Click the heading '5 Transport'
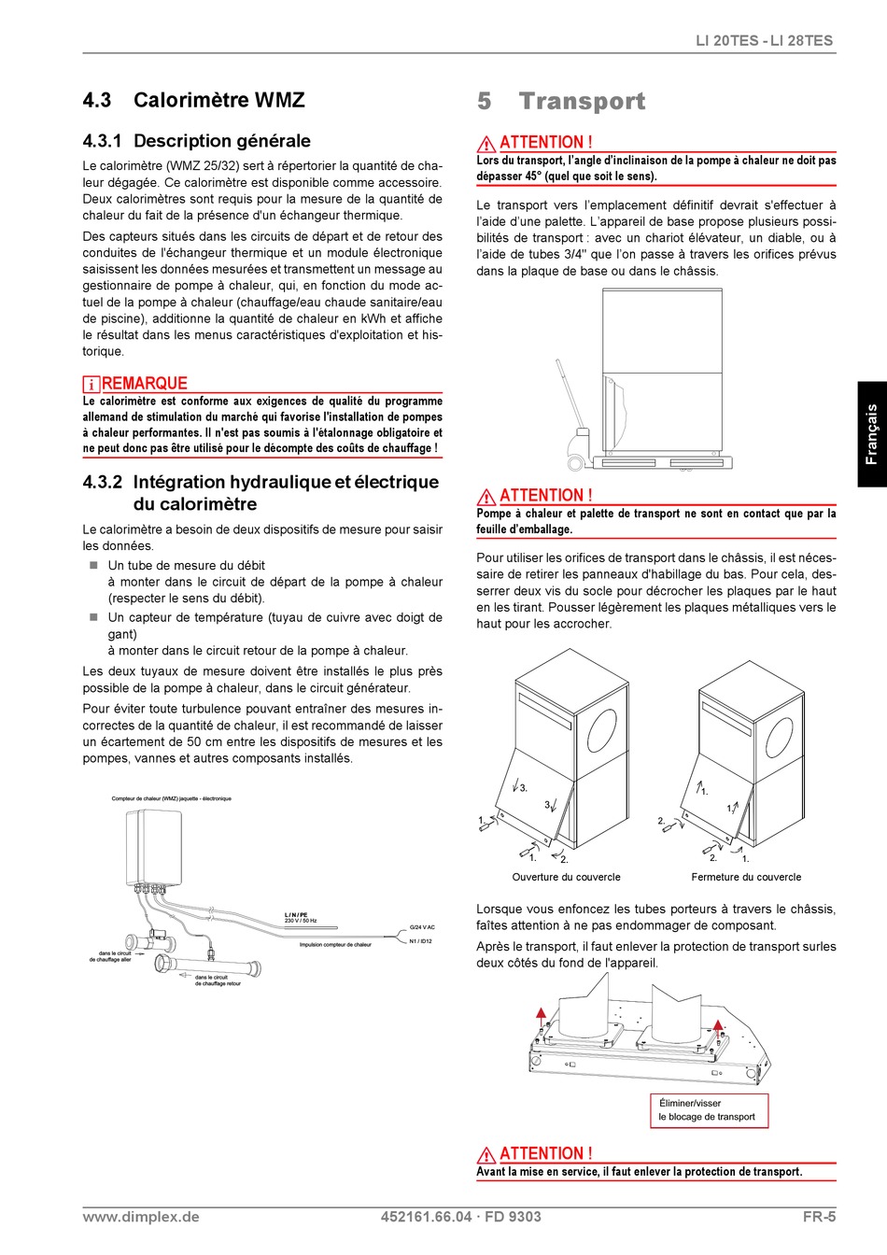561,102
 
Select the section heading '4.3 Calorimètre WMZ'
194,100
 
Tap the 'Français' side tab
872,434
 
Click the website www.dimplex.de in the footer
141,1217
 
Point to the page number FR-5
819,1217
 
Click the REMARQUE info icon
92,385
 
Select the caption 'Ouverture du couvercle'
566,878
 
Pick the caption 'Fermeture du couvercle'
746,878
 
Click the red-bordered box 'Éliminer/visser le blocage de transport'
710,1110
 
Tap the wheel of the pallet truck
574,463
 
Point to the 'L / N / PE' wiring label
296,915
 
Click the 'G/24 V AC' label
422,928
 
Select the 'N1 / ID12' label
421,941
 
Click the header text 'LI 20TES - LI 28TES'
765,41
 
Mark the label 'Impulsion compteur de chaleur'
335,945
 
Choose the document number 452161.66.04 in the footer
427,1217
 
